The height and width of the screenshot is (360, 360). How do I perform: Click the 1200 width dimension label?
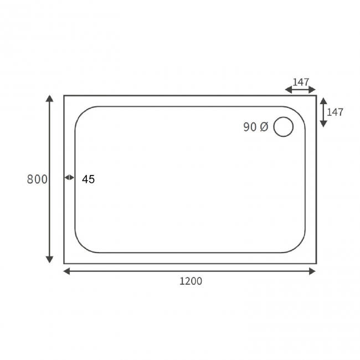191,281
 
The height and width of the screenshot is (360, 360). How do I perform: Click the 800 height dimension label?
37,179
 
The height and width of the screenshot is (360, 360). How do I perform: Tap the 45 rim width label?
89,179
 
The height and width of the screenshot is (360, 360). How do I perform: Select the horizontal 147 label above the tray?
301,82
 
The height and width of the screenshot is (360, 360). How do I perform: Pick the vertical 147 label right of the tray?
335,112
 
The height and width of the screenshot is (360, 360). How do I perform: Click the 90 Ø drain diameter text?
255,127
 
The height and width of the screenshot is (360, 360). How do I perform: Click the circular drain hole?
284,127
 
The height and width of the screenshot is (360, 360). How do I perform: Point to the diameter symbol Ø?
264,127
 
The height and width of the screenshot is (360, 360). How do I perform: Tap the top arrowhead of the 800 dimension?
50,99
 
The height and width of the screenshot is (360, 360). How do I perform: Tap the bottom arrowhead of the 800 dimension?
50,259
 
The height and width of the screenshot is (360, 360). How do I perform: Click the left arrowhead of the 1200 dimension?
67,271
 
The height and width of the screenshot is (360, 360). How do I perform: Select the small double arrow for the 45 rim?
69,177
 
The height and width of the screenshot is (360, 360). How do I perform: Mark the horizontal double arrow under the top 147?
300,90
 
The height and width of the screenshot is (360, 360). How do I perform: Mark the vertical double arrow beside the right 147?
323,112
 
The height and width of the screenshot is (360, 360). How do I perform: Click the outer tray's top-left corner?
64,96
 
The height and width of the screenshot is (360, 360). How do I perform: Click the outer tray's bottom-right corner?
316,263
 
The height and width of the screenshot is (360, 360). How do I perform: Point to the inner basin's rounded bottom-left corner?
81,246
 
